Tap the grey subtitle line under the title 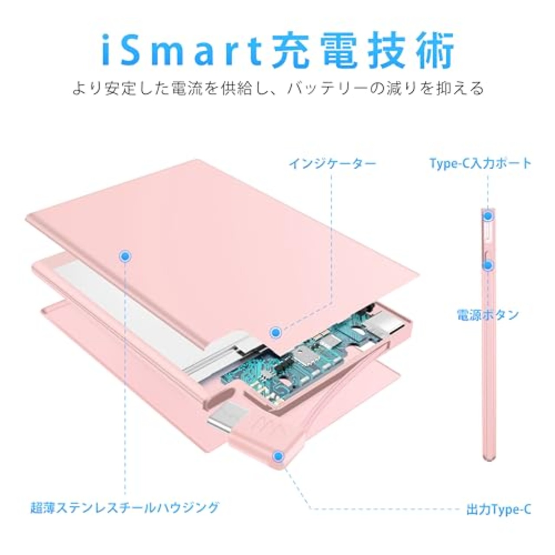[277, 89]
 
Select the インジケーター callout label [332, 164]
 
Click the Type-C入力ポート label [480, 163]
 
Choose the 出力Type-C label [499, 509]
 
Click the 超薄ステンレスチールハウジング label [125, 507]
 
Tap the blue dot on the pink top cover [125, 257]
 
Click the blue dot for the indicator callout [275, 333]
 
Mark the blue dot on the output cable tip [278, 455]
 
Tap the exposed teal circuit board [299, 356]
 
